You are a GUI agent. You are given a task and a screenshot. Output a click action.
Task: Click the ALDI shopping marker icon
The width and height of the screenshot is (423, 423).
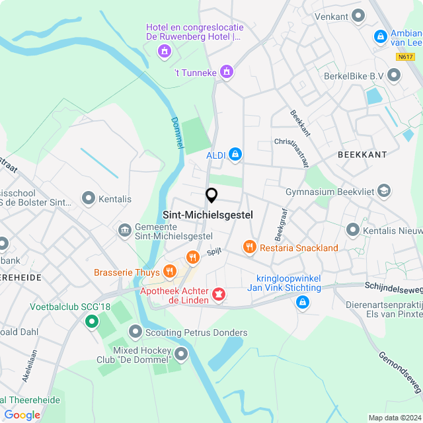point(235,155)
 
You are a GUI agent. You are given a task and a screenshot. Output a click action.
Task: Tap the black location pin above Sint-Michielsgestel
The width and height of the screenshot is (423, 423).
point(211,196)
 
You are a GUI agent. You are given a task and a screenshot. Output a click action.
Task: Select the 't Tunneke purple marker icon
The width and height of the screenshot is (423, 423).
point(227,71)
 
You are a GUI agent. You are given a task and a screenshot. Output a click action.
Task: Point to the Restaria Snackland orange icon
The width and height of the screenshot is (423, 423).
point(249,247)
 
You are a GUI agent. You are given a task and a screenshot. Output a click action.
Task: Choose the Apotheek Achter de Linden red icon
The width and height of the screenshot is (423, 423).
point(217,293)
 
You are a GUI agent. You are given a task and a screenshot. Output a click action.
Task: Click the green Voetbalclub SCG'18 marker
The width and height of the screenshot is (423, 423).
point(91,321)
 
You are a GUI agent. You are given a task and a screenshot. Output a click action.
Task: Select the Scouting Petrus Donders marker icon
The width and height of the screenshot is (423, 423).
point(136,330)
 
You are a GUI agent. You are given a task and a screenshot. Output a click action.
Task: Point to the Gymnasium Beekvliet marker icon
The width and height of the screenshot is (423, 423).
point(383,192)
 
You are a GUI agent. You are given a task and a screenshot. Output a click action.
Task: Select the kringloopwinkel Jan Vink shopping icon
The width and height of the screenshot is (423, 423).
point(302,303)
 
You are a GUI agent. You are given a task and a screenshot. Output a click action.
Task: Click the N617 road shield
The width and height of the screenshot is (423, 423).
point(406,57)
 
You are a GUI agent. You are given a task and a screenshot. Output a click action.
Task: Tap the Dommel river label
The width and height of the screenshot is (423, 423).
point(176,133)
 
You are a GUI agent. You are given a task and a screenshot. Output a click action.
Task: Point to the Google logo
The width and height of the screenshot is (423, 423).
point(22,415)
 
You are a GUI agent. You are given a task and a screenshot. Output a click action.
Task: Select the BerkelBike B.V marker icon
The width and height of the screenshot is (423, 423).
point(394,77)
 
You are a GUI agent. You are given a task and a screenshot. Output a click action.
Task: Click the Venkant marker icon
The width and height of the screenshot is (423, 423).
point(359,15)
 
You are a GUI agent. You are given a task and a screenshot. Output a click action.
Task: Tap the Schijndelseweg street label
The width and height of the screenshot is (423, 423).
point(393,289)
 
